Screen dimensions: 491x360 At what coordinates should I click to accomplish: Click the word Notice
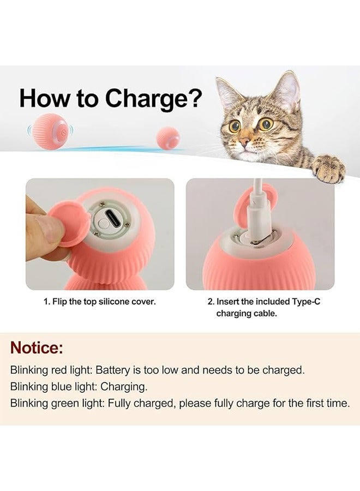[37, 347]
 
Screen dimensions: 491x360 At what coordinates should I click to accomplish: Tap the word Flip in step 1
[62, 302]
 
